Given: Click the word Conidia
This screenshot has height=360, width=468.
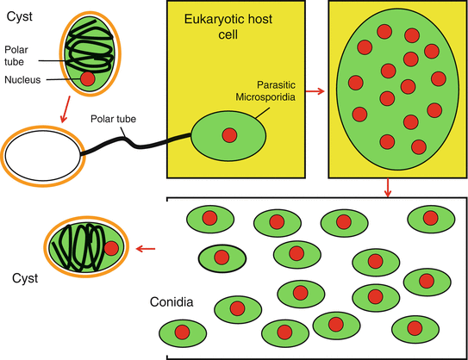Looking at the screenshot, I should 171,302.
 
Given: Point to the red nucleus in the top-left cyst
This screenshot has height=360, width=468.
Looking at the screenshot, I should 87,79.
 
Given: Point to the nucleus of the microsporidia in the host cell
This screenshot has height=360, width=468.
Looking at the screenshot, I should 229,135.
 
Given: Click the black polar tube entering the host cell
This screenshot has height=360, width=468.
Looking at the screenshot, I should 138,144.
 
